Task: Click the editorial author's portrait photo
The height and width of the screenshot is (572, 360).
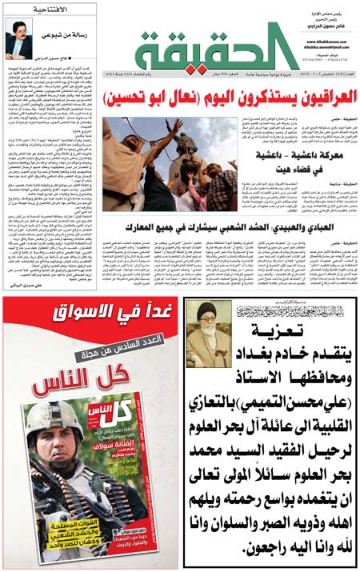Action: (x=18, y=37)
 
